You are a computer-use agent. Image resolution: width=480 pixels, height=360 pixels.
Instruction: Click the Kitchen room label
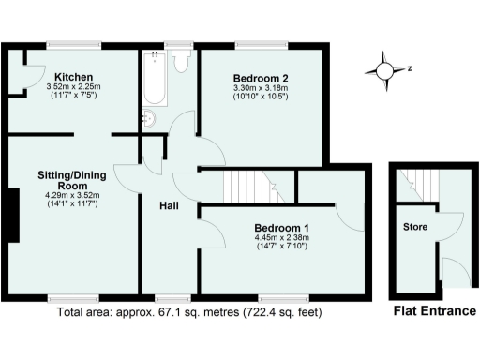point(72,77)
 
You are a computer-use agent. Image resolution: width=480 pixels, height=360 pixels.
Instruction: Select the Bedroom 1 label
point(282,228)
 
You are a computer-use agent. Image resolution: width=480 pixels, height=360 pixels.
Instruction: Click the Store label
point(414,228)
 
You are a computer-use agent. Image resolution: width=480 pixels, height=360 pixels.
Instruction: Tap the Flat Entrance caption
point(433,311)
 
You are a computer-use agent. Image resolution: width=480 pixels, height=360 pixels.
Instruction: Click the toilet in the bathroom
point(181,60)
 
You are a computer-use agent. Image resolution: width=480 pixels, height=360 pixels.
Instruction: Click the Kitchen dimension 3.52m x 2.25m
point(72,88)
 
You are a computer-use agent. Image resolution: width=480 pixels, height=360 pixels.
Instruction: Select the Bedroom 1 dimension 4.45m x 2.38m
point(282,238)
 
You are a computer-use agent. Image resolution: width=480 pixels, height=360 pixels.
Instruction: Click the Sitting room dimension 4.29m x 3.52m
point(72,195)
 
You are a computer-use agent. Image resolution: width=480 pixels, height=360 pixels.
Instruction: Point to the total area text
point(194,311)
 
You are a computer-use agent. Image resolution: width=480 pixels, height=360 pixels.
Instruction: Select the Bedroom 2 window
point(254,44)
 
